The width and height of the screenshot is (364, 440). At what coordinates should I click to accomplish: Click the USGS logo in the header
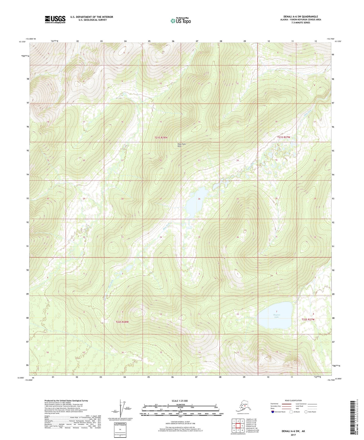coord(55,19)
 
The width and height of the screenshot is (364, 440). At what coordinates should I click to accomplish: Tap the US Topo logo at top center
coord(180,21)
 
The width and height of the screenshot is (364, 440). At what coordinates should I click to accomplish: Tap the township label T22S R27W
coord(308,319)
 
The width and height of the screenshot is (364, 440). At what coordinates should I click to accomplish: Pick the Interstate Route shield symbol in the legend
coord(273,412)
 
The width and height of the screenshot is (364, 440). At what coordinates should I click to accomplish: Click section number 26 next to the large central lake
coord(199,199)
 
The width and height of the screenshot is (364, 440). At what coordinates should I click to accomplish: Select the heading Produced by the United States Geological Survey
coord(66,400)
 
